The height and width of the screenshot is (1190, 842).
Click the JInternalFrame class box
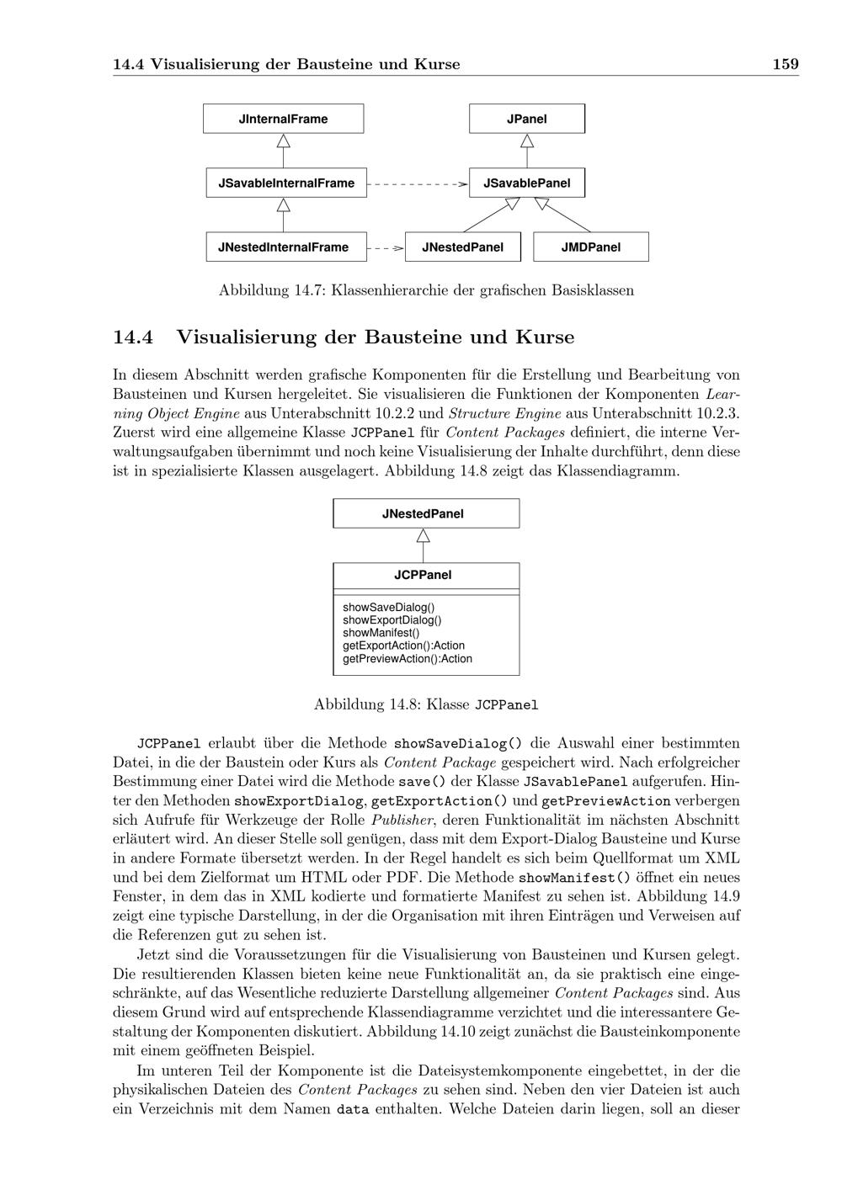[283, 119]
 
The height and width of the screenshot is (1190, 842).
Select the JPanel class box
[527, 119]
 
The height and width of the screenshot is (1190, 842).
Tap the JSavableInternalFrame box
[286, 183]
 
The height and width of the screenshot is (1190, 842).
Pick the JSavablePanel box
[527, 183]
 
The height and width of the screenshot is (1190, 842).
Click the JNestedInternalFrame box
[286, 247]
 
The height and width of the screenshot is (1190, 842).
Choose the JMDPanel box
[591, 247]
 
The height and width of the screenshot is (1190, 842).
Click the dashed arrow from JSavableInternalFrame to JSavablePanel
[418, 184]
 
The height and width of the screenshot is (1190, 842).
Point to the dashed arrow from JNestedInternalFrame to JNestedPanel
[386, 248]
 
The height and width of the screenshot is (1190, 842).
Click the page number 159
[786, 64]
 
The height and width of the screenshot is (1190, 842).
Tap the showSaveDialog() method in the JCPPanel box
[388, 608]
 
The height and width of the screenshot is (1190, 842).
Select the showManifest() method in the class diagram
[381, 633]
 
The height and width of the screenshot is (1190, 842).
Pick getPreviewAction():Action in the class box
[408, 659]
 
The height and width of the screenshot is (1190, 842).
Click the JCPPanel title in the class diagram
[424, 575]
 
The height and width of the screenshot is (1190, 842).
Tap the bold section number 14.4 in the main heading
[133, 337]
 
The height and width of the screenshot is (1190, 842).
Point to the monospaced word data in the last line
[353, 1109]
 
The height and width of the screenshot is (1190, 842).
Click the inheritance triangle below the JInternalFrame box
[283, 141]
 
